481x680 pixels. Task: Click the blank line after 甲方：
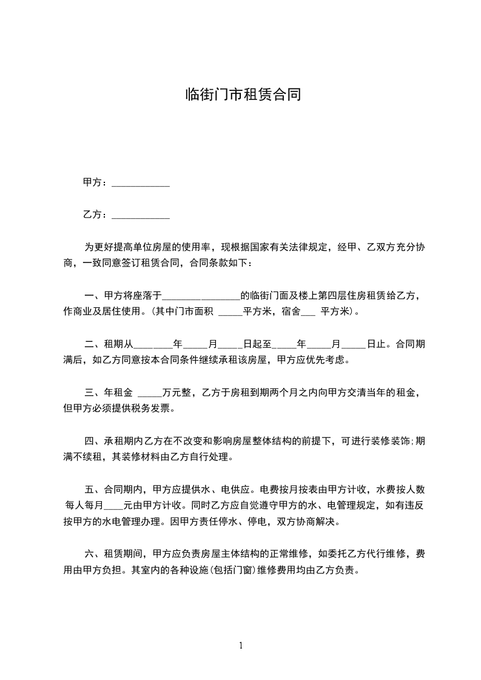[141, 184]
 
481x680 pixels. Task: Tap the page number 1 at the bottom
[241, 645]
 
